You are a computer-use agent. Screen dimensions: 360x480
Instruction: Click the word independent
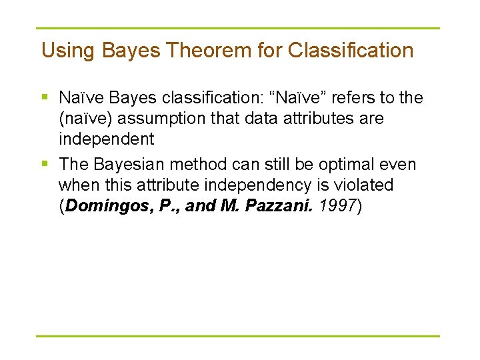[x=106, y=139]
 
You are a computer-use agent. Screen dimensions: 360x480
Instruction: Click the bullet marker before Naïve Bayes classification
[x=45, y=98]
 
